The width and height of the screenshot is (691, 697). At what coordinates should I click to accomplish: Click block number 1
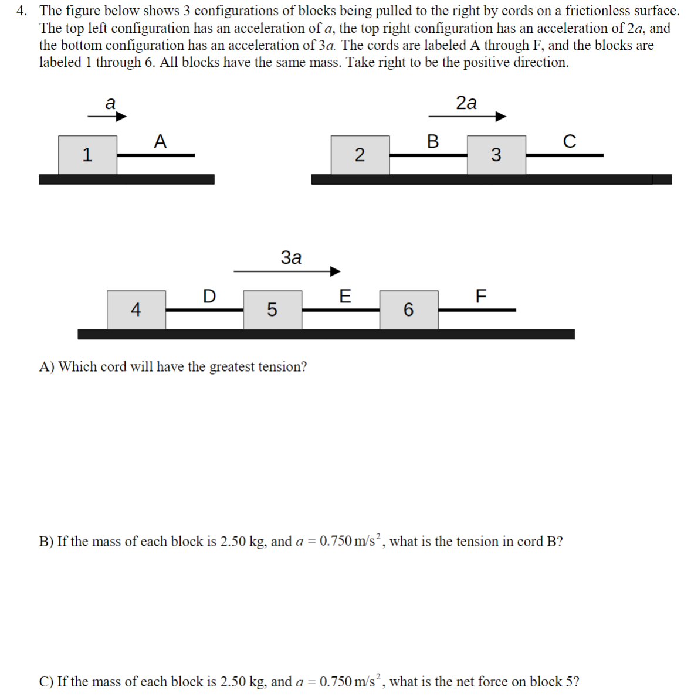pyautogui.click(x=87, y=155)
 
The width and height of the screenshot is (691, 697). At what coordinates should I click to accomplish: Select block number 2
pyautogui.click(x=360, y=155)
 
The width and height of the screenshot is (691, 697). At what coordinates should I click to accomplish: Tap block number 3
pyautogui.click(x=496, y=155)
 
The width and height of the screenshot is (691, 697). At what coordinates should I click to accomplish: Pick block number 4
pyautogui.click(x=136, y=309)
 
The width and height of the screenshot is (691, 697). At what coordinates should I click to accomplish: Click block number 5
pyautogui.click(x=272, y=309)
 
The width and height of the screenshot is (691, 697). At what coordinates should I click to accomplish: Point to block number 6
pyautogui.click(x=408, y=309)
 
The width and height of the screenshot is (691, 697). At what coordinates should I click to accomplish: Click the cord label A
pyautogui.click(x=160, y=141)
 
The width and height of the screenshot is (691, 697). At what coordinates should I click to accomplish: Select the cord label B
pyautogui.click(x=433, y=141)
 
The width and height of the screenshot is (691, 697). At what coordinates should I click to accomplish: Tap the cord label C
pyautogui.click(x=569, y=141)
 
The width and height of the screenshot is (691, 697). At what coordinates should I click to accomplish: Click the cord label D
pyautogui.click(x=209, y=296)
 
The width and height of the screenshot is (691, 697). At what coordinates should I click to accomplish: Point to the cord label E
pyautogui.click(x=345, y=296)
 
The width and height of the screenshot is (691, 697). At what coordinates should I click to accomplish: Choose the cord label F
pyautogui.click(x=480, y=296)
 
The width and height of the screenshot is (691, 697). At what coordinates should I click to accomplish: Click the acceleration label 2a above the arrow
pyautogui.click(x=466, y=103)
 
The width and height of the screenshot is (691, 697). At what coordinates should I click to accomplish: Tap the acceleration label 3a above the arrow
pyautogui.click(x=291, y=257)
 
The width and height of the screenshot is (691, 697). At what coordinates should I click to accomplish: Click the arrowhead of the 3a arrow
pyautogui.click(x=335, y=271)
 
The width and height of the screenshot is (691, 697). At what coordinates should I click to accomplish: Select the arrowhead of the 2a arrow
pyautogui.click(x=500, y=117)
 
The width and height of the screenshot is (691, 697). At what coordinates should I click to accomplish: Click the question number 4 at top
pyautogui.click(x=21, y=11)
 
